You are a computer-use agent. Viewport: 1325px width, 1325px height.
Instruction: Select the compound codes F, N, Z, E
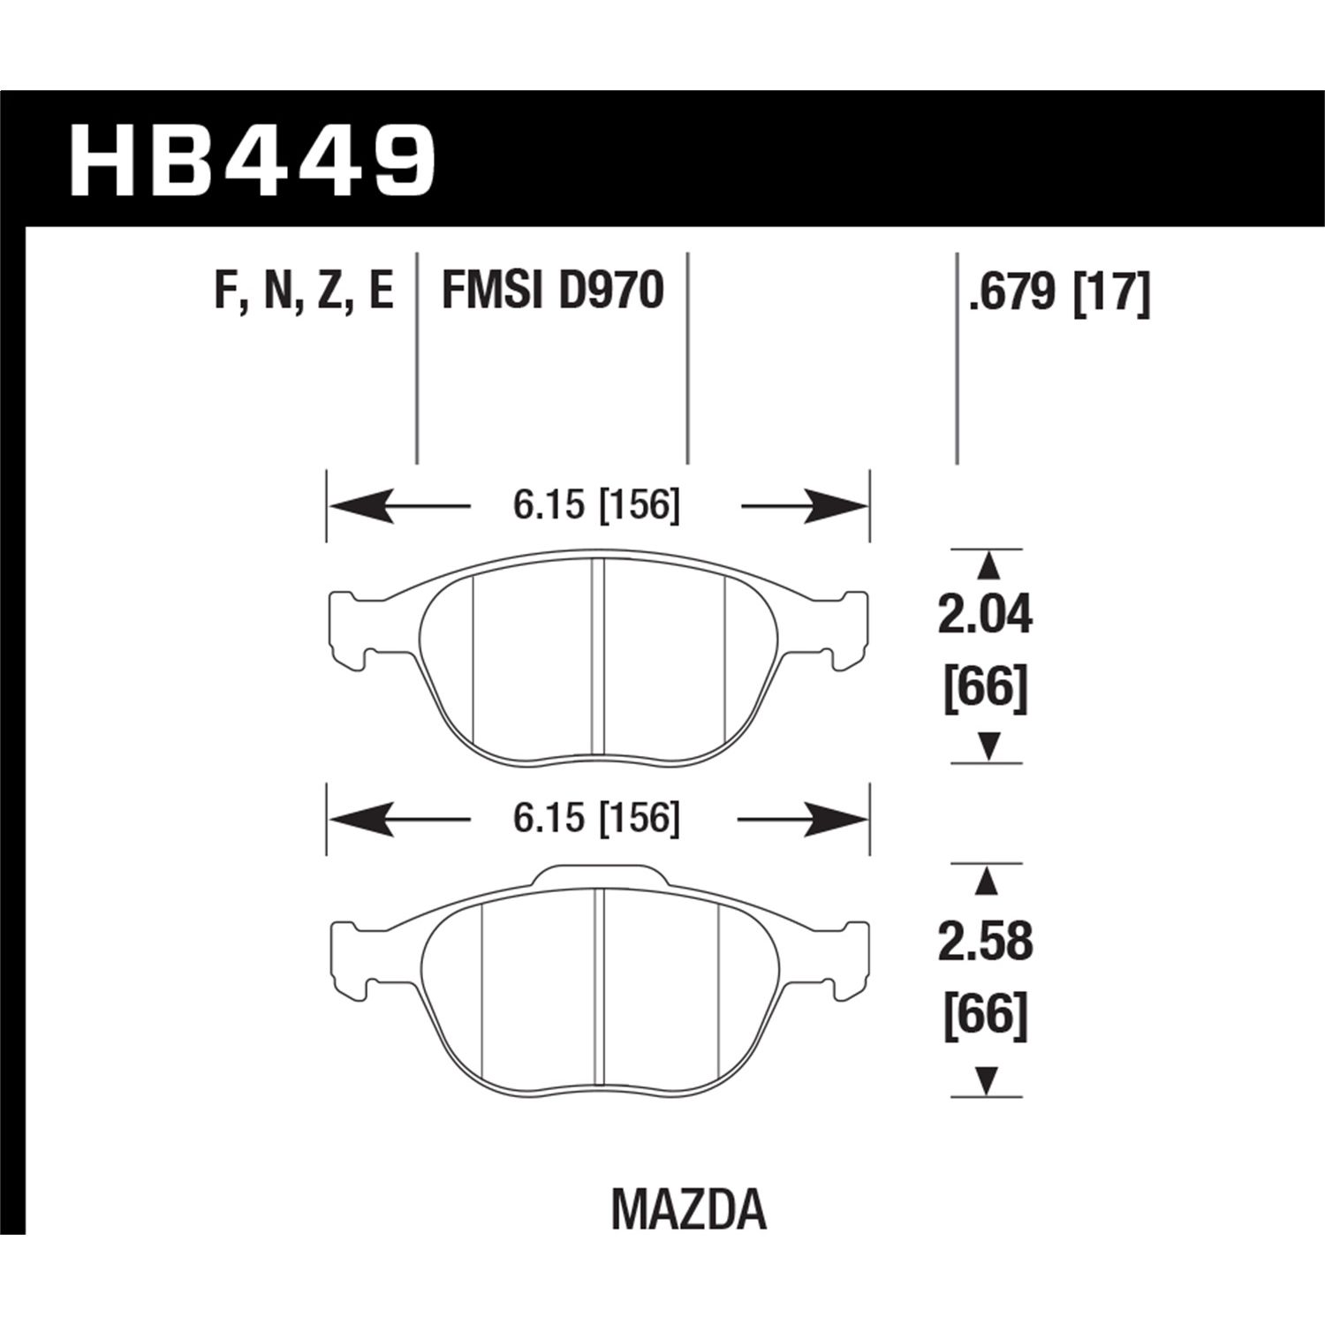(303, 291)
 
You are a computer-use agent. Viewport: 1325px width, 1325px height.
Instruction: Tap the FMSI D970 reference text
(552, 291)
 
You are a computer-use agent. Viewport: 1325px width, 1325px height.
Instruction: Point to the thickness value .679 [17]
(1059, 291)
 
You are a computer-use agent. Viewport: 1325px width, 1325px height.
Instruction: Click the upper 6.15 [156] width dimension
(596, 507)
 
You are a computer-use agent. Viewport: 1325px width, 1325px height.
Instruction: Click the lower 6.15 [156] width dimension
(596, 820)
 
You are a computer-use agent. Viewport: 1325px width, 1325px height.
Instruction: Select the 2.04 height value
(984, 615)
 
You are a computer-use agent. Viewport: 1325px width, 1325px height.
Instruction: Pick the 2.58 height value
(984, 943)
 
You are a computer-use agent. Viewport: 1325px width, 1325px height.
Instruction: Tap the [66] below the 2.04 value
(986, 687)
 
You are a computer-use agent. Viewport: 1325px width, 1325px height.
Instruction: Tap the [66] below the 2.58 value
(986, 1013)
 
